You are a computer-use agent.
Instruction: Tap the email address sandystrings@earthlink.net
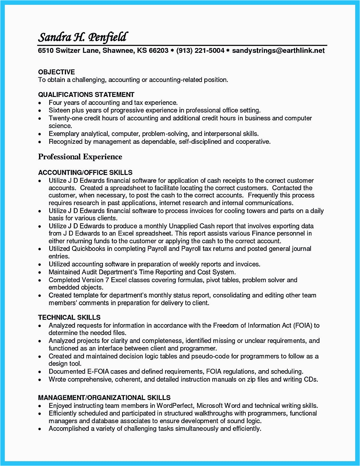pos(278,50)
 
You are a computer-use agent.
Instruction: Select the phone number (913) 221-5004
pos(200,50)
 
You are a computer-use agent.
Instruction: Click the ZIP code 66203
pos(159,50)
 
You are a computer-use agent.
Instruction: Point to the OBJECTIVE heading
pos(56,72)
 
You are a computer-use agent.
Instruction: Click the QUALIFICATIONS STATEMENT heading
pos(86,95)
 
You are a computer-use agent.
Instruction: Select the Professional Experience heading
pos(80,157)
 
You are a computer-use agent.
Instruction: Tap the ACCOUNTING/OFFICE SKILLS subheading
pos(85,173)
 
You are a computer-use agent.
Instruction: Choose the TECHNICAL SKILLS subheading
pos(69,317)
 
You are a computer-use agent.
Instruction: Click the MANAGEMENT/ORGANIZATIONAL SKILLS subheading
pos(104,398)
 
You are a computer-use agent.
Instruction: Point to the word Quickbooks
pos(88,249)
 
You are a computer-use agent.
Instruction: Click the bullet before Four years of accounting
pos(40,103)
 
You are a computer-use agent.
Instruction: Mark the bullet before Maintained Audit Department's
pos(40,272)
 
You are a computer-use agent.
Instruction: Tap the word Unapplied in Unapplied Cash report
pos(183,226)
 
